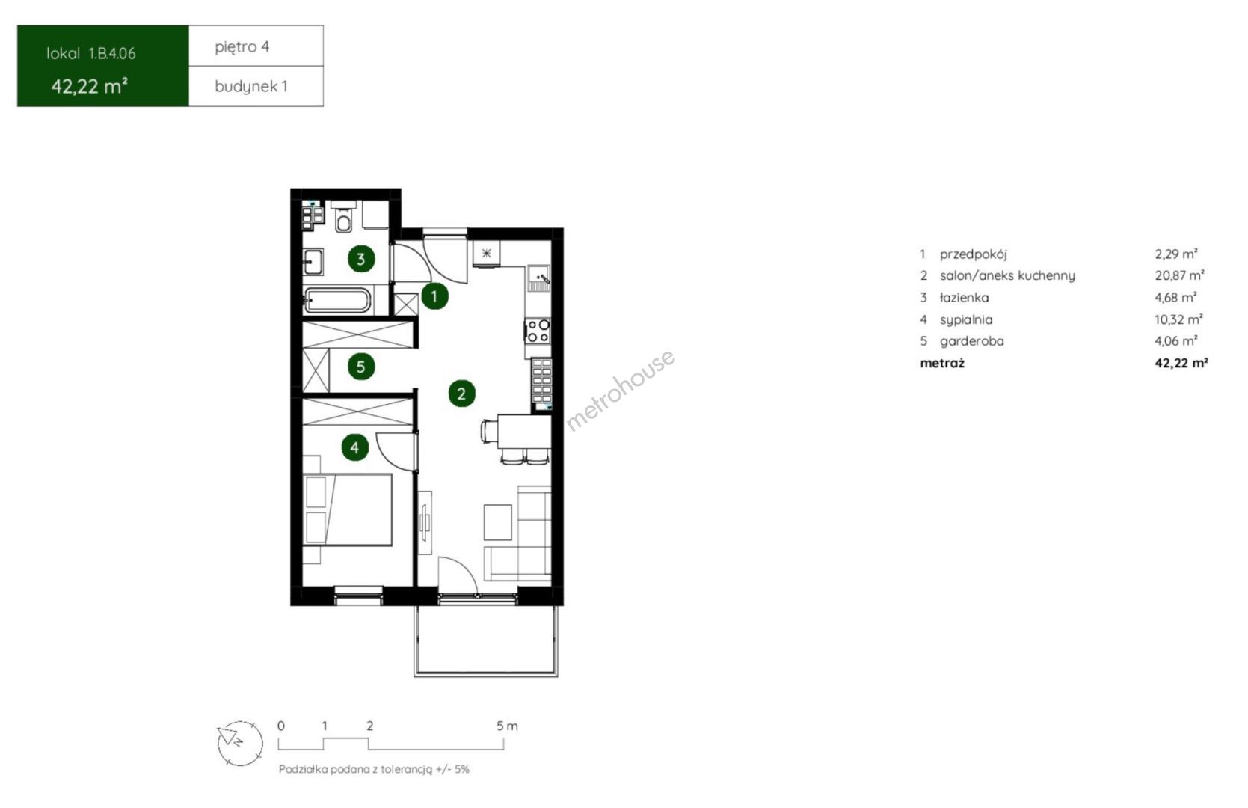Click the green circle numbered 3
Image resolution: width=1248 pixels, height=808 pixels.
360,259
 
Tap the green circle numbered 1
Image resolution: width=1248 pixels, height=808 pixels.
434,296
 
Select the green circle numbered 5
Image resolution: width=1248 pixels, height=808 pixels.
360,367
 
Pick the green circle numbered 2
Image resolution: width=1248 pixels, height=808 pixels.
461,394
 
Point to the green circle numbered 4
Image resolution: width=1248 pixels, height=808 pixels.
355,447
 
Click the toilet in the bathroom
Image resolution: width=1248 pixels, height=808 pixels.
343,217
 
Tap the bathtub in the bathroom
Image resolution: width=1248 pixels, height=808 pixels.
336,301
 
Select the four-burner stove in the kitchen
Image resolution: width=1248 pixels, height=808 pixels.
538,331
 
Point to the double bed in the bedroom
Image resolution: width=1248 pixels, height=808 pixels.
348,509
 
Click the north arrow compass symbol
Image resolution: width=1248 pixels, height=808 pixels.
239,744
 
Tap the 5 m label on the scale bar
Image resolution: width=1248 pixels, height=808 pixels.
507,726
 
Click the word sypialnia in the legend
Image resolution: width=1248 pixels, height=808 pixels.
966,320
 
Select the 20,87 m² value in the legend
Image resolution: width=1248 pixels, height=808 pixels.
1179,275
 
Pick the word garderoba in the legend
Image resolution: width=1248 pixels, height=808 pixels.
971,341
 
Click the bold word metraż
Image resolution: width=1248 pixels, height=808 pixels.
942,363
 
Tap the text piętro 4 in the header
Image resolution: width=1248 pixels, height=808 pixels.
242,47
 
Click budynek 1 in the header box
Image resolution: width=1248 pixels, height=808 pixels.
250,87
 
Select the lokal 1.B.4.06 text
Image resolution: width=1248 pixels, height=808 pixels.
90,54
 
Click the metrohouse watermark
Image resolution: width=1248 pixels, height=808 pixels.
620,390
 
